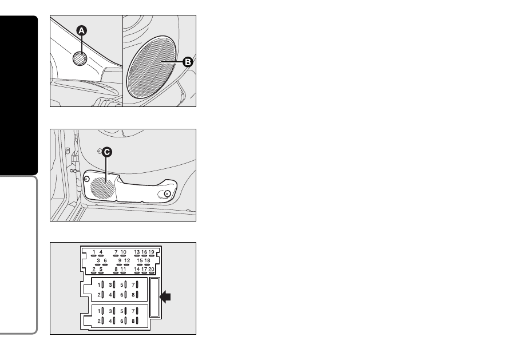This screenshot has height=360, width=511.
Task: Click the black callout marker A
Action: coord(82,31)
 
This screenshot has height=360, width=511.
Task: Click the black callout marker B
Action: coord(188,62)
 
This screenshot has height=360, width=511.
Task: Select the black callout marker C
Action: coord(107,152)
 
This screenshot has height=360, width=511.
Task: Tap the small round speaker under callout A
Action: coord(80,58)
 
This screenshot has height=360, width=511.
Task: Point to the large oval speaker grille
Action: coord(152,68)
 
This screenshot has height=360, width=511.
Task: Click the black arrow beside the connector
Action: coord(165,297)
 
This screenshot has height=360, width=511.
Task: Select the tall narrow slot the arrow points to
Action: coord(154,297)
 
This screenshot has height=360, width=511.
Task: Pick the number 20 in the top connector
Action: coord(151,270)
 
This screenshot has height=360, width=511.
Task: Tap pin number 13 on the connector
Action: coord(137,252)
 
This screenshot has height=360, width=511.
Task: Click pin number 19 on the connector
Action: coord(151,252)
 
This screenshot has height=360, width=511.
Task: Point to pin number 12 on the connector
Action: coord(127,260)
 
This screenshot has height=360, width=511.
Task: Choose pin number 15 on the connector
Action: coord(140,260)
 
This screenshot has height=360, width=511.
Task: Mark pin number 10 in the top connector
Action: coord(123,252)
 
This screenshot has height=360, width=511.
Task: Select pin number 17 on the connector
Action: coord(144,270)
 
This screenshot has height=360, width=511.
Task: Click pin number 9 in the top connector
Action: coord(120,260)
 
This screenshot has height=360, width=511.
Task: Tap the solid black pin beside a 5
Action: coord(125,311)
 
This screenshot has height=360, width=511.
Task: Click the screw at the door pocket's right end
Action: coord(167,193)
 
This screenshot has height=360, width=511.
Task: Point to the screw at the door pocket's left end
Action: coord(86,179)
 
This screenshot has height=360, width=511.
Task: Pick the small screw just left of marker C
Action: coord(100,151)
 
